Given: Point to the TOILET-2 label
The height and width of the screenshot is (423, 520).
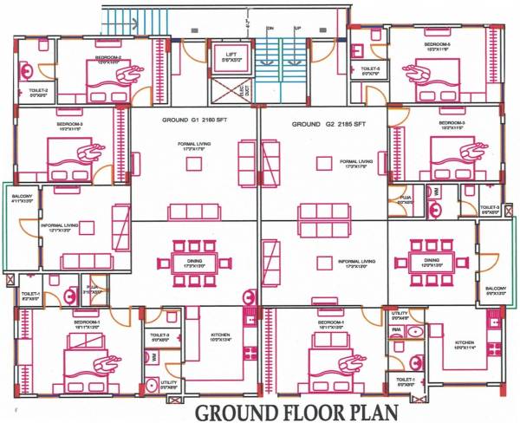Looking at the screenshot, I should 37,89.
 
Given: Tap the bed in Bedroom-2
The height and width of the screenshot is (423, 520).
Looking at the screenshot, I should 102,81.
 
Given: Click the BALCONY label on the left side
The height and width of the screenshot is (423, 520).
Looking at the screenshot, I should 22,198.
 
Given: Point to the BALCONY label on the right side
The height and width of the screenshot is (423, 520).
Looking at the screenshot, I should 495,290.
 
